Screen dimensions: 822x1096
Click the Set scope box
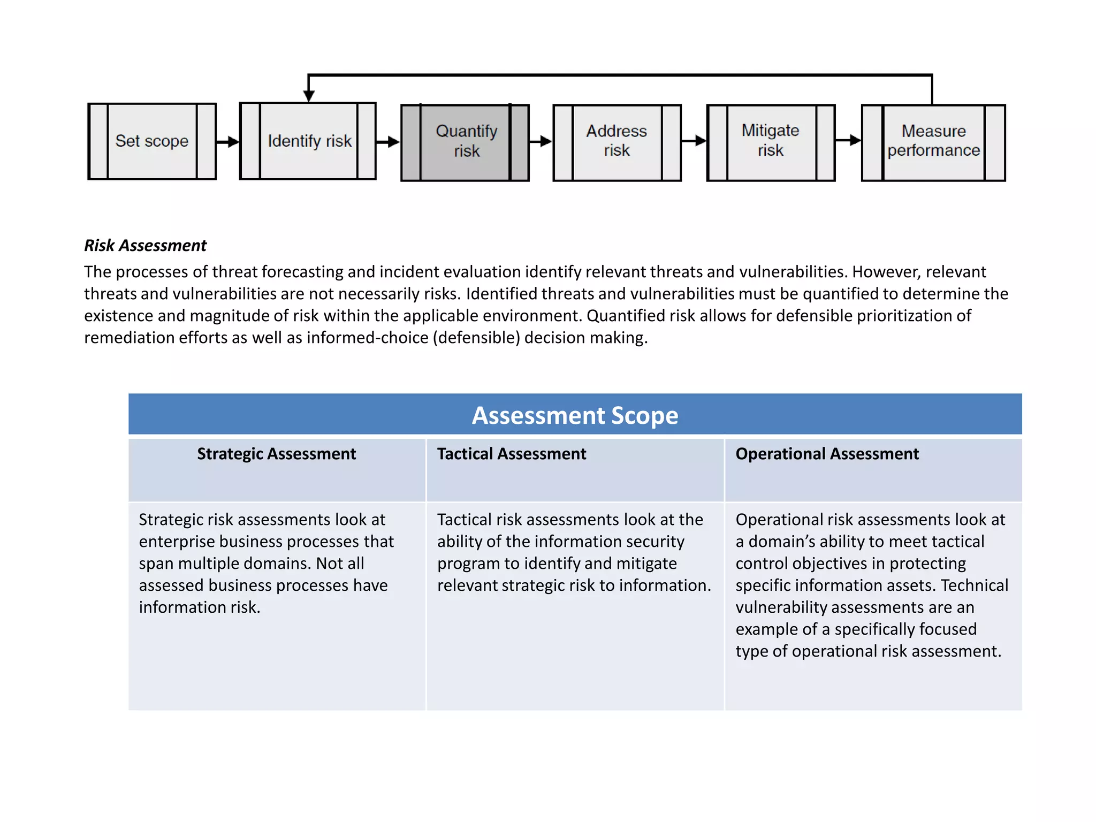pos(152,141)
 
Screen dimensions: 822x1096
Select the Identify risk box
pos(308,141)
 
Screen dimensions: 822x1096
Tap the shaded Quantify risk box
pos(465,142)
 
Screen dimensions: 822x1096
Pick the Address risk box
pos(617,142)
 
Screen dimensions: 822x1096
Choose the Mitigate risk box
pos(771,142)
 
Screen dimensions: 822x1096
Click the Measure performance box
pos(933,142)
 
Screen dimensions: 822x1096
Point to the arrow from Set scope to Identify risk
pos(228,142)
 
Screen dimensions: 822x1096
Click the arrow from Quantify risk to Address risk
pos(541,141)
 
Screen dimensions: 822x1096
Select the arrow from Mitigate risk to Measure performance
pos(848,140)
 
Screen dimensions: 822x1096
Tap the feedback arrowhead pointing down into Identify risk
pos(309,96)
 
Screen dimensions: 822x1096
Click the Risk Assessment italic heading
pos(145,246)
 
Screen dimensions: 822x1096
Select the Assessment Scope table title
pos(575,415)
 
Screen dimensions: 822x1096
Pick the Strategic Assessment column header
pos(276,454)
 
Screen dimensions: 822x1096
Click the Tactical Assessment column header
pos(512,454)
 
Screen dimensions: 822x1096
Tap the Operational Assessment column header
pos(827,454)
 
